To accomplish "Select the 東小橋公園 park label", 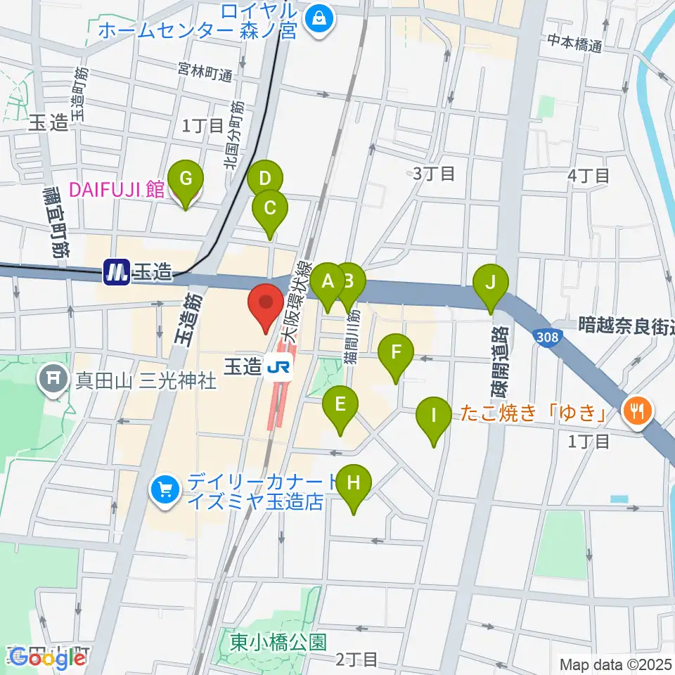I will click(x=278, y=641).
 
